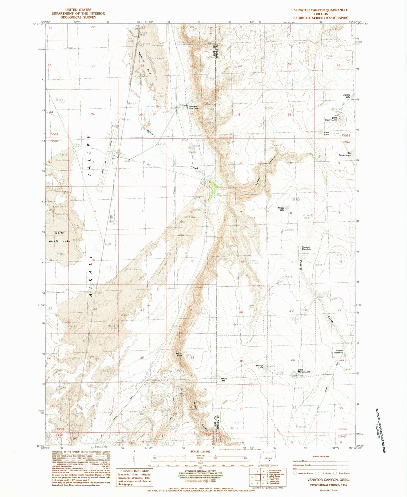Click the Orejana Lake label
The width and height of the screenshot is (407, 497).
coord(346,96)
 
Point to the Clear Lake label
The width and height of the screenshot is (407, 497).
coord(326,133)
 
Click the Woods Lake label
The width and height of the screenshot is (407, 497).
coord(281,209)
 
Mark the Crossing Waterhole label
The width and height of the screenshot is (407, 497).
coord(306,248)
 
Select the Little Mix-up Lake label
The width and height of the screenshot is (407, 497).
coord(304,371)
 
